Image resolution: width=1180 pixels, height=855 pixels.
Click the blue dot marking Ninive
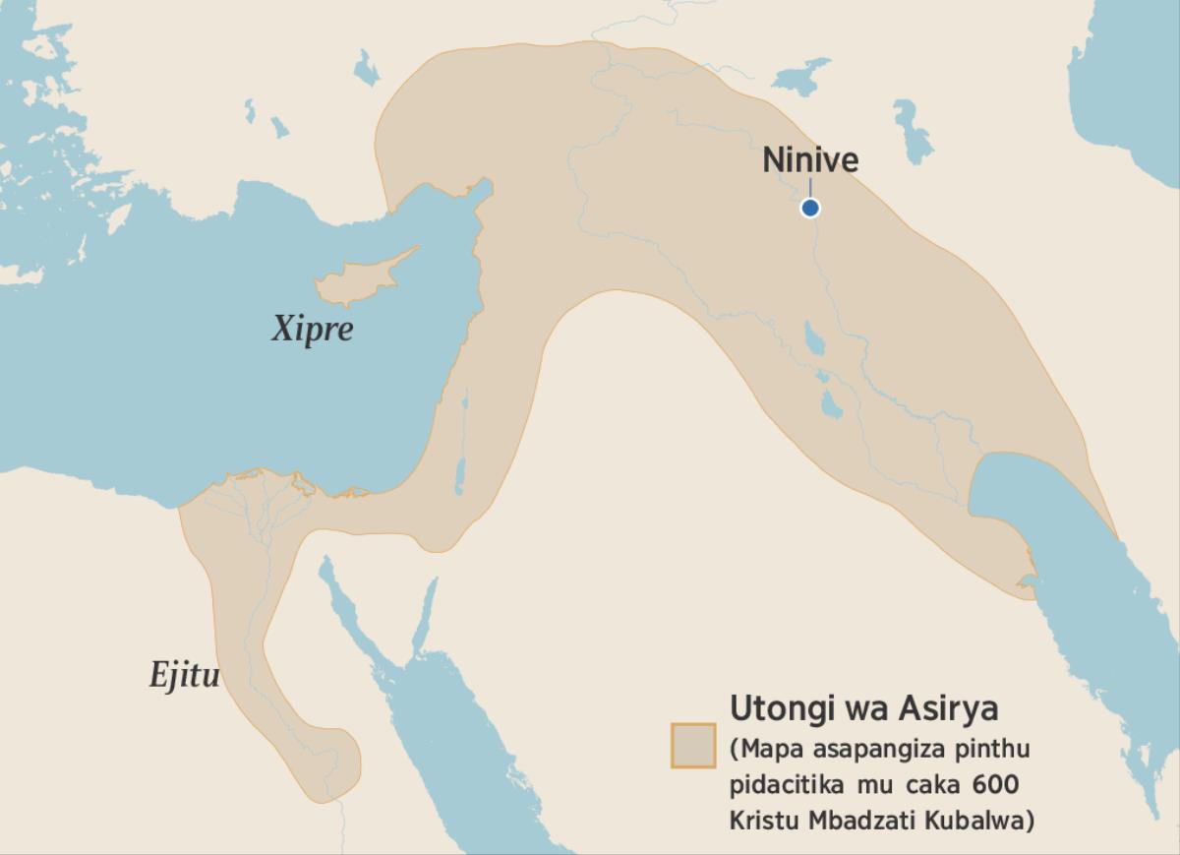tap(809, 208)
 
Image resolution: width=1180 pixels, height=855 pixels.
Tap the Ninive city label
tap(810, 160)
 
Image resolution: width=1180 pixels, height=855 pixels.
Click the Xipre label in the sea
tap(312, 330)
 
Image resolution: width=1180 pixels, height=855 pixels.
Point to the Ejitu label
tap(184, 676)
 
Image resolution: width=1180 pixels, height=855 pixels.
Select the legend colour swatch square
tap(692, 745)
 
